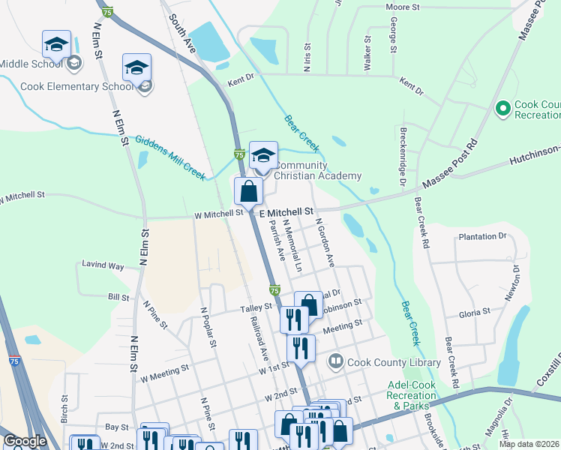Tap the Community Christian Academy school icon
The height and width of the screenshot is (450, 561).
262,155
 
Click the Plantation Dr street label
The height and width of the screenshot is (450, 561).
481,236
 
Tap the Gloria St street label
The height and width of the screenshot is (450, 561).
474,310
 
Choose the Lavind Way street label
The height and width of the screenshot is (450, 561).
104,265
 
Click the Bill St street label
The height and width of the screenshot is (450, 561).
118,298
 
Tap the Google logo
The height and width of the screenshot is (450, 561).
25,441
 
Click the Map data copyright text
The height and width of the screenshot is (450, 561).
529,444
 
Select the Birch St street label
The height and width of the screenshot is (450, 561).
64,408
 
